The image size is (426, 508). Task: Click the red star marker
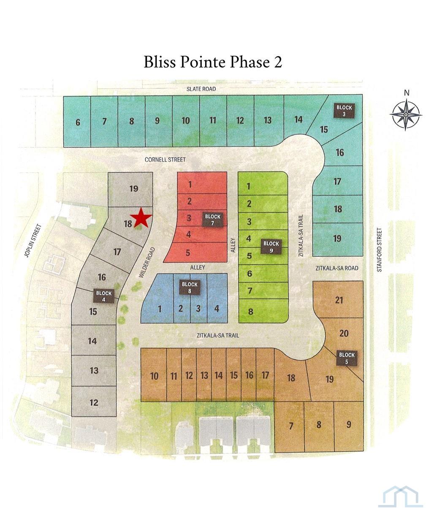[x=141, y=218]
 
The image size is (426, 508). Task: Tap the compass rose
[x=406, y=114]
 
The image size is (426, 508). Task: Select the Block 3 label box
[x=344, y=111]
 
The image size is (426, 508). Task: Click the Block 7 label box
[x=213, y=220]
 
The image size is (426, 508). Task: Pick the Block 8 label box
[x=190, y=287]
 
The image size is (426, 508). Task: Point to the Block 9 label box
[x=271, y=247]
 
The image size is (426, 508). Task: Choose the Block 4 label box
[x=104, y=296]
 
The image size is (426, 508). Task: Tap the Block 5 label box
[x=347, y=358]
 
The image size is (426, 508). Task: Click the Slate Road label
[x=201, y=89]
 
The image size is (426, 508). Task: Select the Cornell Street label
[x=165, y=160]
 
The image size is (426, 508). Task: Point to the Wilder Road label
[x=147, y=263]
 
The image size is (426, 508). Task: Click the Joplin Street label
[x=33, y=241]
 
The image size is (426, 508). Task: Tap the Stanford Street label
[x=379, y=250]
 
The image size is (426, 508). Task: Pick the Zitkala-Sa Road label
[x=337, y=268]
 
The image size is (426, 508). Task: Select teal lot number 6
[x=78, y=122]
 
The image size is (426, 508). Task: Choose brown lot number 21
[x=339, y=300]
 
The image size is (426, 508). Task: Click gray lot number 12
[x=94, y=402]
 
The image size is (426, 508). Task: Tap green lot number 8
[x=251, y=312]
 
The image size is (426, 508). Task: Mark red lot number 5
[x=188, y=253]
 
